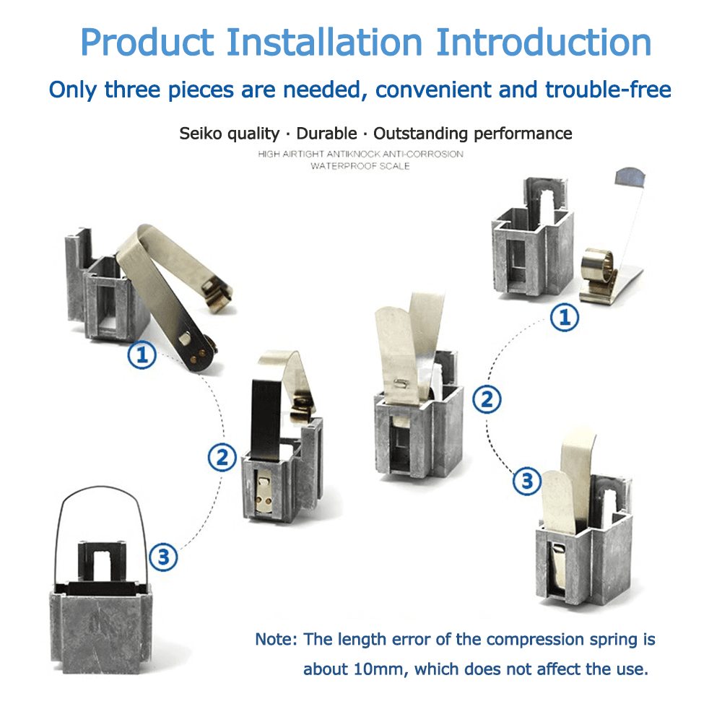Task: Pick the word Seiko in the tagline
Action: (x=199, y=134)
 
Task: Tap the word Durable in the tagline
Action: (x=326, y=134)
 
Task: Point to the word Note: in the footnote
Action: (x=277, y=640)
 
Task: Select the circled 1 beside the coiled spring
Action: (x=565, y=317)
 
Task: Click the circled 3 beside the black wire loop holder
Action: (x=164, y=557)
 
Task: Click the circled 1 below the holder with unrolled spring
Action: (x=142, y=355)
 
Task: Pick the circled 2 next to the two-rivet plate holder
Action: (x=222, y=456)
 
